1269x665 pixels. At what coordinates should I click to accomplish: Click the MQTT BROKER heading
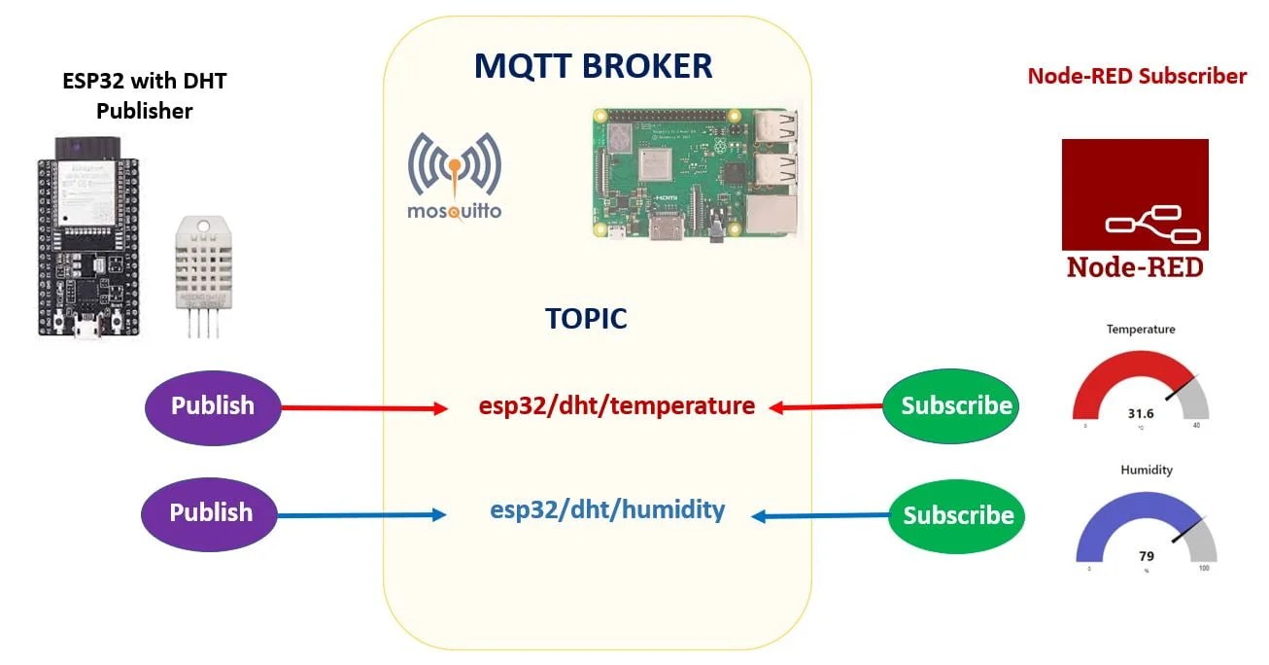pos(593,66)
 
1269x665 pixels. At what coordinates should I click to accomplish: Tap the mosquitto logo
pos(455,176)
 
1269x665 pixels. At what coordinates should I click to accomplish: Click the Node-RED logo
pos(1134,209)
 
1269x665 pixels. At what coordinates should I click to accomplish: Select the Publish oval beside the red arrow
pos(212,405)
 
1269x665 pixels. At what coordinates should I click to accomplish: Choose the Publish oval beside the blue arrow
pos(211,512)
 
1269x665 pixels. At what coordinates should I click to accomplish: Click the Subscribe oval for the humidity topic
pos(957,515)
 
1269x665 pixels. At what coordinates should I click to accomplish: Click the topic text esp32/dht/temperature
pos(616,405)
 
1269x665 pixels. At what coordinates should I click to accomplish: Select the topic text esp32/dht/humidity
pos(607,509)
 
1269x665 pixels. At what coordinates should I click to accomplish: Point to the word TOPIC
pos(586,319)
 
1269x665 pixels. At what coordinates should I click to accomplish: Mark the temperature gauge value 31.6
pos(1140,413)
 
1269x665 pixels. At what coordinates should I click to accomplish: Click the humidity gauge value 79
pos(1146,556)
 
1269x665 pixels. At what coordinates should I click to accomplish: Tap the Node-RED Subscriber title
pos(1137,76)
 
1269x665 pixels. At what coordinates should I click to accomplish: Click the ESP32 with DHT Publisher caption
pos(144,95)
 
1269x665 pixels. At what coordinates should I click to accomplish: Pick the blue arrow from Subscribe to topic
pos(820,516)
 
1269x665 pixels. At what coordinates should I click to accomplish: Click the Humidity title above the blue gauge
pos(1146,470)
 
